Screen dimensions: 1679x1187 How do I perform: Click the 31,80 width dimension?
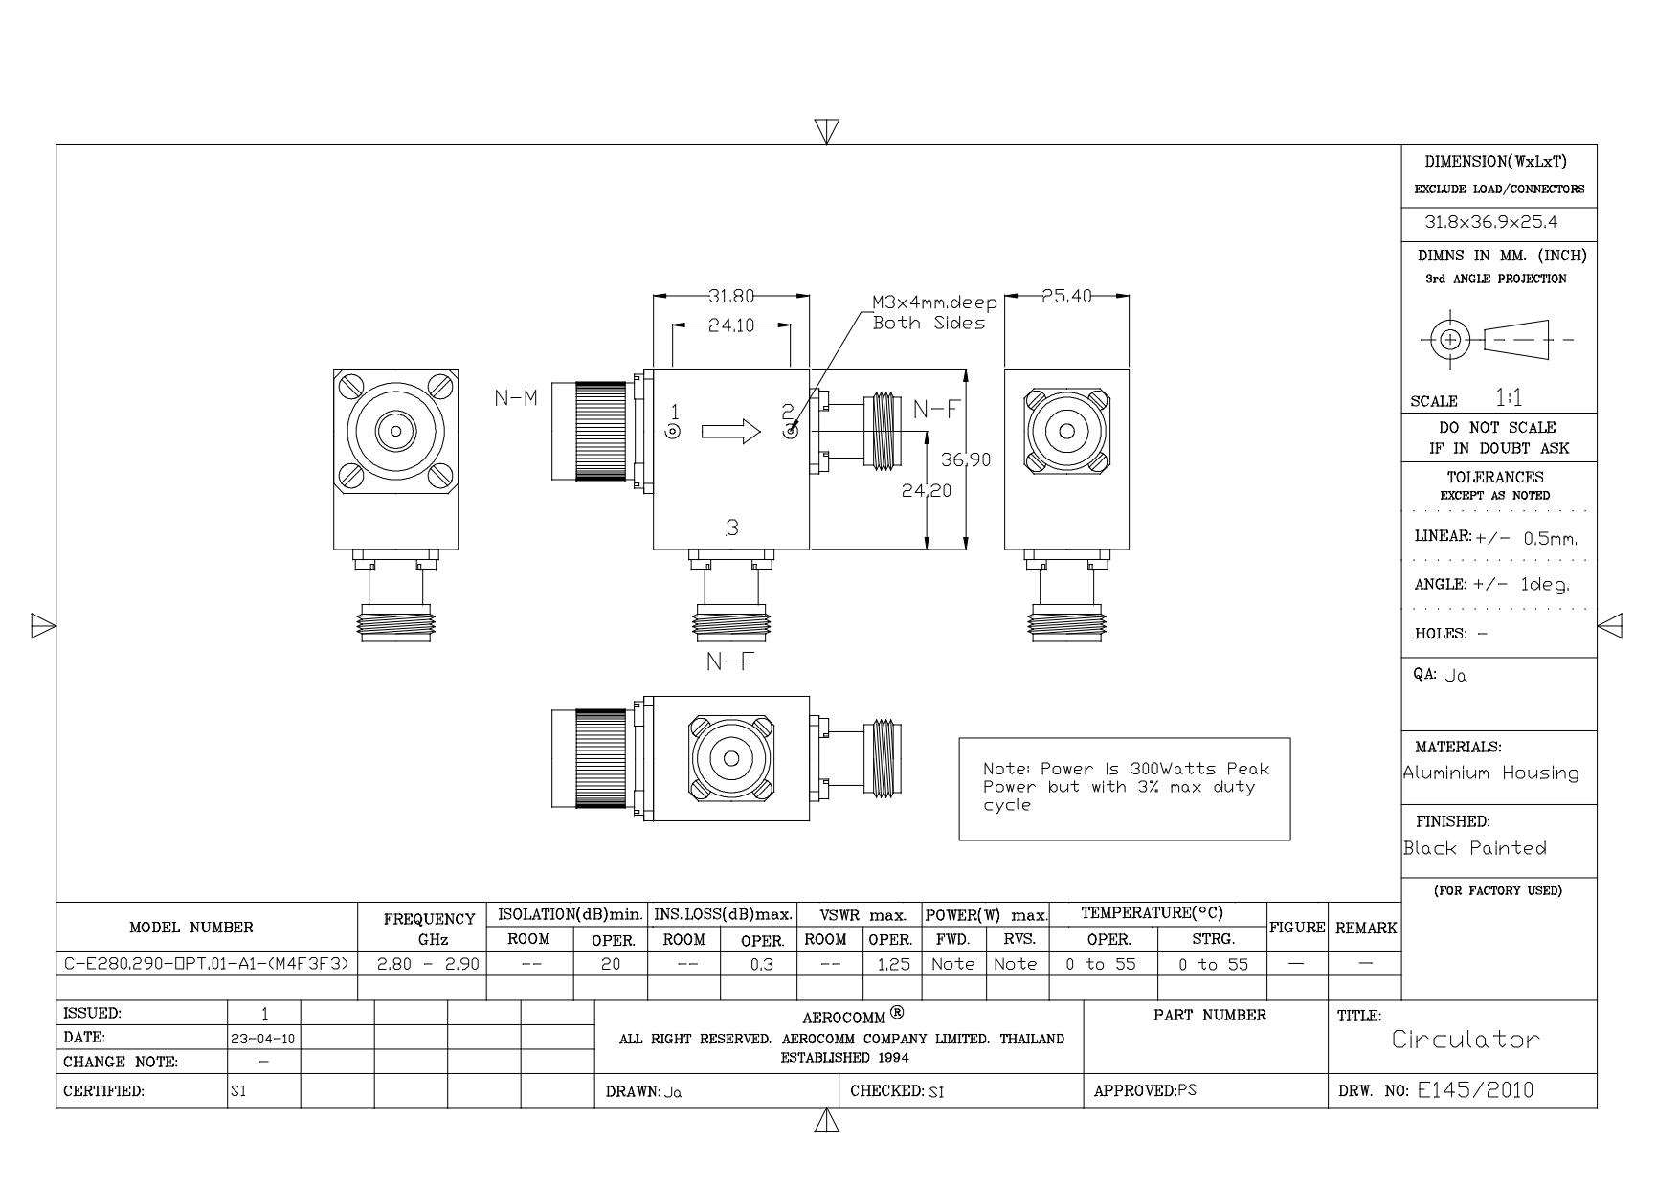pos(731,296)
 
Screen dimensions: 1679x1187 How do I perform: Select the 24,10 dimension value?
pos(731,325)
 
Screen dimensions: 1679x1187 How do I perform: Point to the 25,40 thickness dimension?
pos(1066,296)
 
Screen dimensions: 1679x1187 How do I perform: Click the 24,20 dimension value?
pos(927,490)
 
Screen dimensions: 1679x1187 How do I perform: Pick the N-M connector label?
pos(516,397)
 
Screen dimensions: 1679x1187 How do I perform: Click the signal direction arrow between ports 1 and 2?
pos(731,432)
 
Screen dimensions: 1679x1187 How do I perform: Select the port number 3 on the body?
pos(732,526)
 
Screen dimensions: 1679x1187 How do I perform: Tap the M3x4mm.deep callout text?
pos(934,302)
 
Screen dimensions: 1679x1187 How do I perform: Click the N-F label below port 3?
pos(729,661)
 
